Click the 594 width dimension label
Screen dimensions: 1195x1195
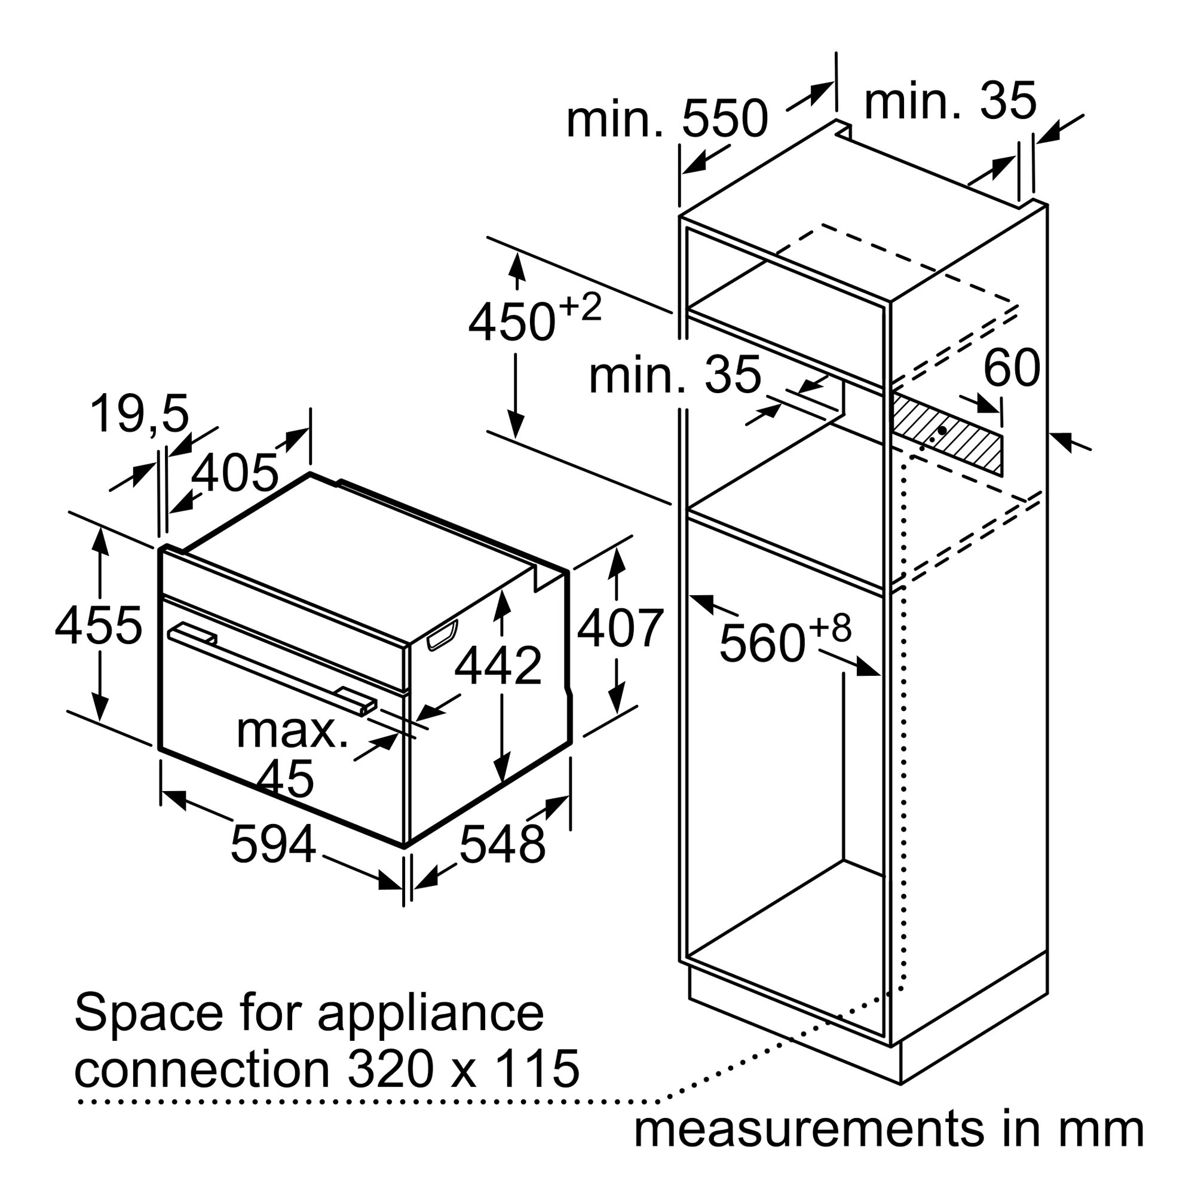(x=273, y=845)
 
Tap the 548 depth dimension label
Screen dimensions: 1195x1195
(x=502, y=845)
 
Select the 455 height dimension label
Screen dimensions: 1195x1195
(x=99, y=626)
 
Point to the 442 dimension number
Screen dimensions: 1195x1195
(x=498, y=666)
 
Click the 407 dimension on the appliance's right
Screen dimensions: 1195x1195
(x=620, y=629)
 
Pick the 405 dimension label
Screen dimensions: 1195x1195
(x=234, y=473)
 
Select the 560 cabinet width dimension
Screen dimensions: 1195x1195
(x=785, y=641)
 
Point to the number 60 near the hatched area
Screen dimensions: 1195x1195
(x=1012, y=368)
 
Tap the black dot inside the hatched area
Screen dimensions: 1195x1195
(x=942, y=429)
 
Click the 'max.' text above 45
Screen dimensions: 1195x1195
(x=292, y=731)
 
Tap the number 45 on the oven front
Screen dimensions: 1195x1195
(x=285, y=778)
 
